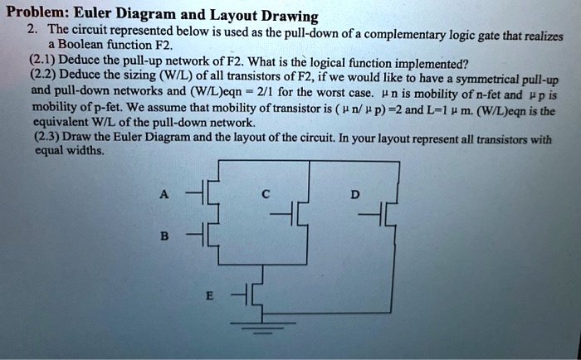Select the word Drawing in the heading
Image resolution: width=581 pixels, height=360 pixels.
coord(287,16)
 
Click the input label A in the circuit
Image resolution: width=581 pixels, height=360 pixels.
coord(164,195)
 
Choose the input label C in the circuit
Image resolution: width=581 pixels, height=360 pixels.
coord(265,195)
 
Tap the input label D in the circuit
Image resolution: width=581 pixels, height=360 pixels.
coord(355,195)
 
